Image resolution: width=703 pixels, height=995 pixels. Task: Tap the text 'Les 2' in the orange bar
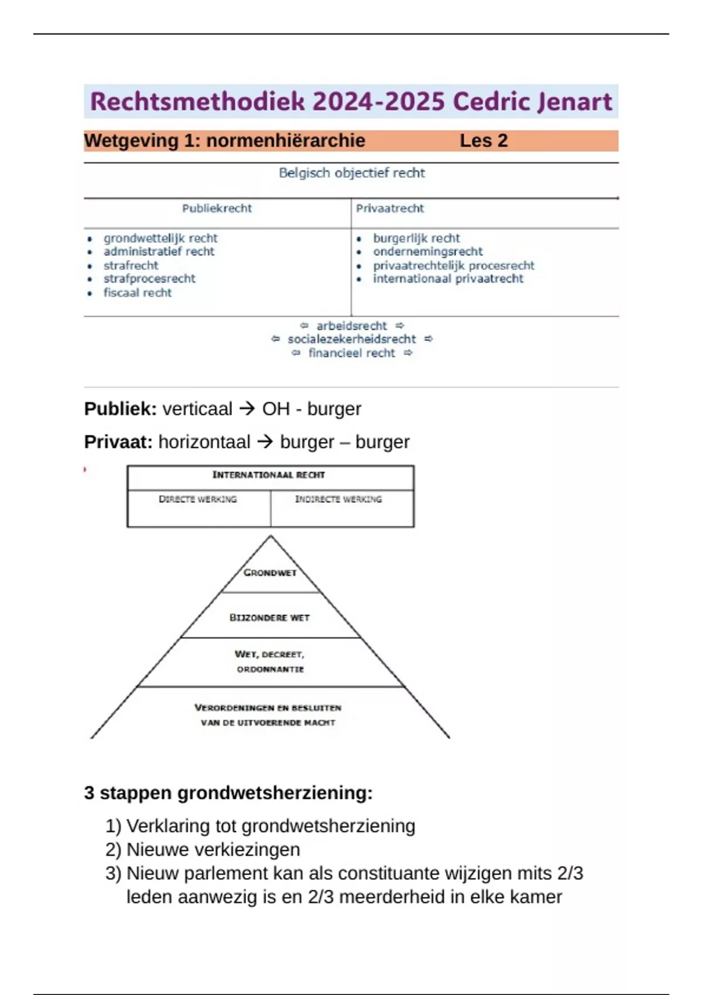pos(483,140)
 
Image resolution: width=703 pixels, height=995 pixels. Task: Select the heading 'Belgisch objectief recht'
pos(351,173)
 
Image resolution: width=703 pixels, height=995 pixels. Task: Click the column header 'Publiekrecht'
pos(217,208)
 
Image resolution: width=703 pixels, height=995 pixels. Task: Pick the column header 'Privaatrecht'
pos(390,208)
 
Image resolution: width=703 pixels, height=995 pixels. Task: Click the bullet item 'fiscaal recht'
pos(138,293)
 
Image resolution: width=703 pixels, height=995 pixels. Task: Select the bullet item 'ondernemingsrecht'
pos(428,252)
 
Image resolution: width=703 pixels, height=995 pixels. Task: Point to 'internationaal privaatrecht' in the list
pos(448,279)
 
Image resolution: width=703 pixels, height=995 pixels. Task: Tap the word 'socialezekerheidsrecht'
pos(351,339)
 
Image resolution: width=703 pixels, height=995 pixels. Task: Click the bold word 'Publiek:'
pos(120,409)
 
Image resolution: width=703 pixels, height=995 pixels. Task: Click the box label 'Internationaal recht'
pos(268,475)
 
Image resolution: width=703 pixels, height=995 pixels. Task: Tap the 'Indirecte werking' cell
pos(338,499)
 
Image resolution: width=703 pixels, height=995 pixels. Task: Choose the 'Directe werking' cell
pos(198,499)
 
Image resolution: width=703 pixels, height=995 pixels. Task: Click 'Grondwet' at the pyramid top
pos(270,572)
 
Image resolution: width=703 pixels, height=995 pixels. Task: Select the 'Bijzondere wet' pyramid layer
pos(269,617)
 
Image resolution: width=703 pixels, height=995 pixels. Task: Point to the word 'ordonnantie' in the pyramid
pos(270,669)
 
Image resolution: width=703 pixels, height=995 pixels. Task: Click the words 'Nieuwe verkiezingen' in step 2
pos(213,849)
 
